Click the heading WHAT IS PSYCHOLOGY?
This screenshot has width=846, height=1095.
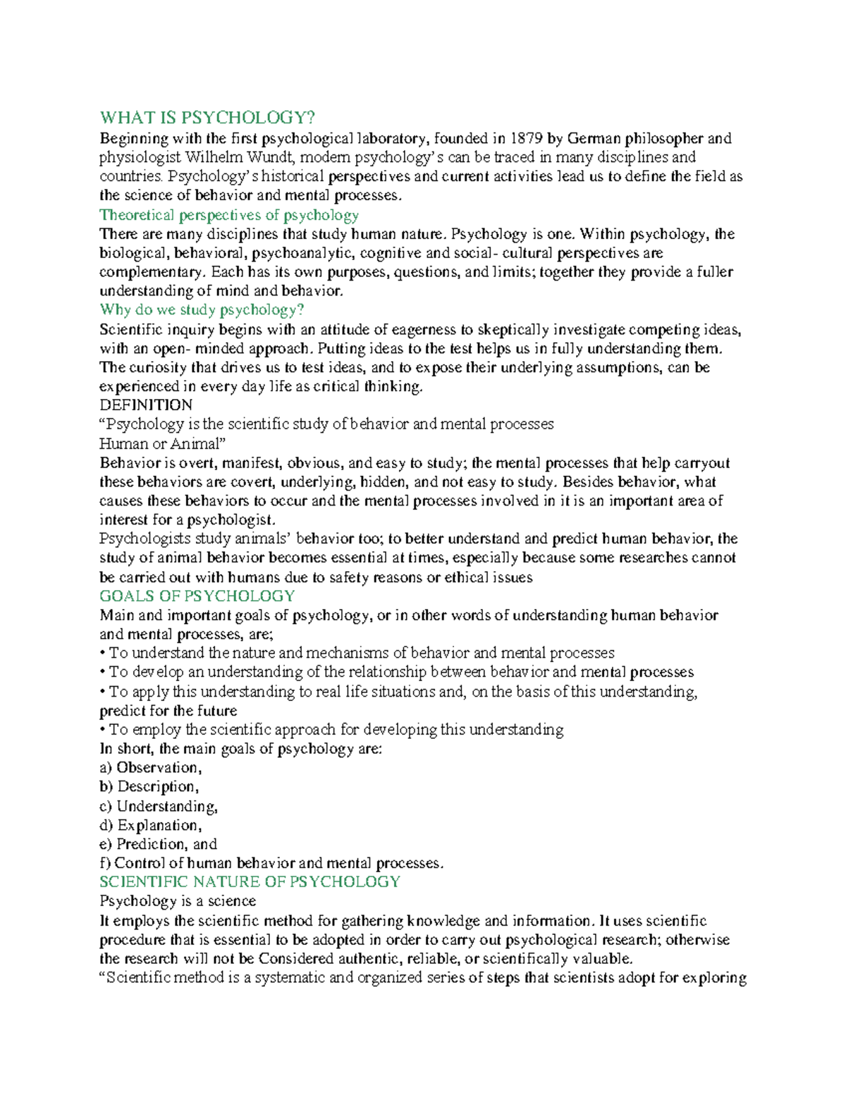pyautogui.click(x=207, y=118)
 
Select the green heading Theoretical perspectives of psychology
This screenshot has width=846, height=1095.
pyautogui.click(x=229, y=215)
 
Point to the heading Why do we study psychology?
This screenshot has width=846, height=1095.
pyautogui.click(x=202, y=310)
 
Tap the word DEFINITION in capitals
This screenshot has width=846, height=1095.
pyautogui.click(x=146, y=405)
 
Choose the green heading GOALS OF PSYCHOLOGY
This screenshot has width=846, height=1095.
pyautogui.click(x=197, y=597)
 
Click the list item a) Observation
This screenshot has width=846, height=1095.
pyautogui.click(x=151, y=768)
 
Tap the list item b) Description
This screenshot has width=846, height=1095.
pyautogui.click(x=149, y=787)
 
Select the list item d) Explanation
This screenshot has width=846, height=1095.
pyautogui.click(x=151, y=826)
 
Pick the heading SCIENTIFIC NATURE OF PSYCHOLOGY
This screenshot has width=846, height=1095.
pyautogui.click(x=250, y=882)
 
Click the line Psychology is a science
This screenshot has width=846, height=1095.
pyautogui.click(x=178, y=901)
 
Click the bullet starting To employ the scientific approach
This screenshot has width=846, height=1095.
pyautogui.click(x=331, y=730)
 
